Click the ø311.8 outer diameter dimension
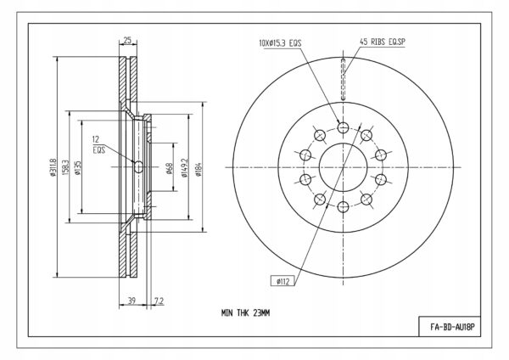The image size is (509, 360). tap(53, 167)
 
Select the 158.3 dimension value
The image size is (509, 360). tap(65, 167)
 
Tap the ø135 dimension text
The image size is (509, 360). tap(77, 167)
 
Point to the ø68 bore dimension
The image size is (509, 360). tap(169, 168)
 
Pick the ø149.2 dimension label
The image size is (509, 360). tap(185, 167)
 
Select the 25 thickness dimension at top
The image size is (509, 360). tap(127, 40)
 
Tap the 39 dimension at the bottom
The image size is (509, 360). tap(131, 301)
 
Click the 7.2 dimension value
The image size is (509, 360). tap(159, 301)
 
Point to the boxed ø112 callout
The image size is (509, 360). tap(283, 281)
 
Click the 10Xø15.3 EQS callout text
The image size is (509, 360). tap(280, 43)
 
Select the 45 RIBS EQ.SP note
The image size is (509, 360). tap(382, 42)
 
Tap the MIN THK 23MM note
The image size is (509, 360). tap(245, 313)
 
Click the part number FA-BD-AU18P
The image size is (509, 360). tap(452, 327)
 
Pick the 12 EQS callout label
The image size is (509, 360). tap(98, 145)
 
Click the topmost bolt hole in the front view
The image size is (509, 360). tap(343, 127)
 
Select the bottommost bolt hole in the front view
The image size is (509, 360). tap(343, 207)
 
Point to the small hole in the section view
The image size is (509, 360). tap(138, 167)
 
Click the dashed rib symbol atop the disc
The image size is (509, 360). tap(343, 79)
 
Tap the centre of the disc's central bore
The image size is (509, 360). tap(343, 167)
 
